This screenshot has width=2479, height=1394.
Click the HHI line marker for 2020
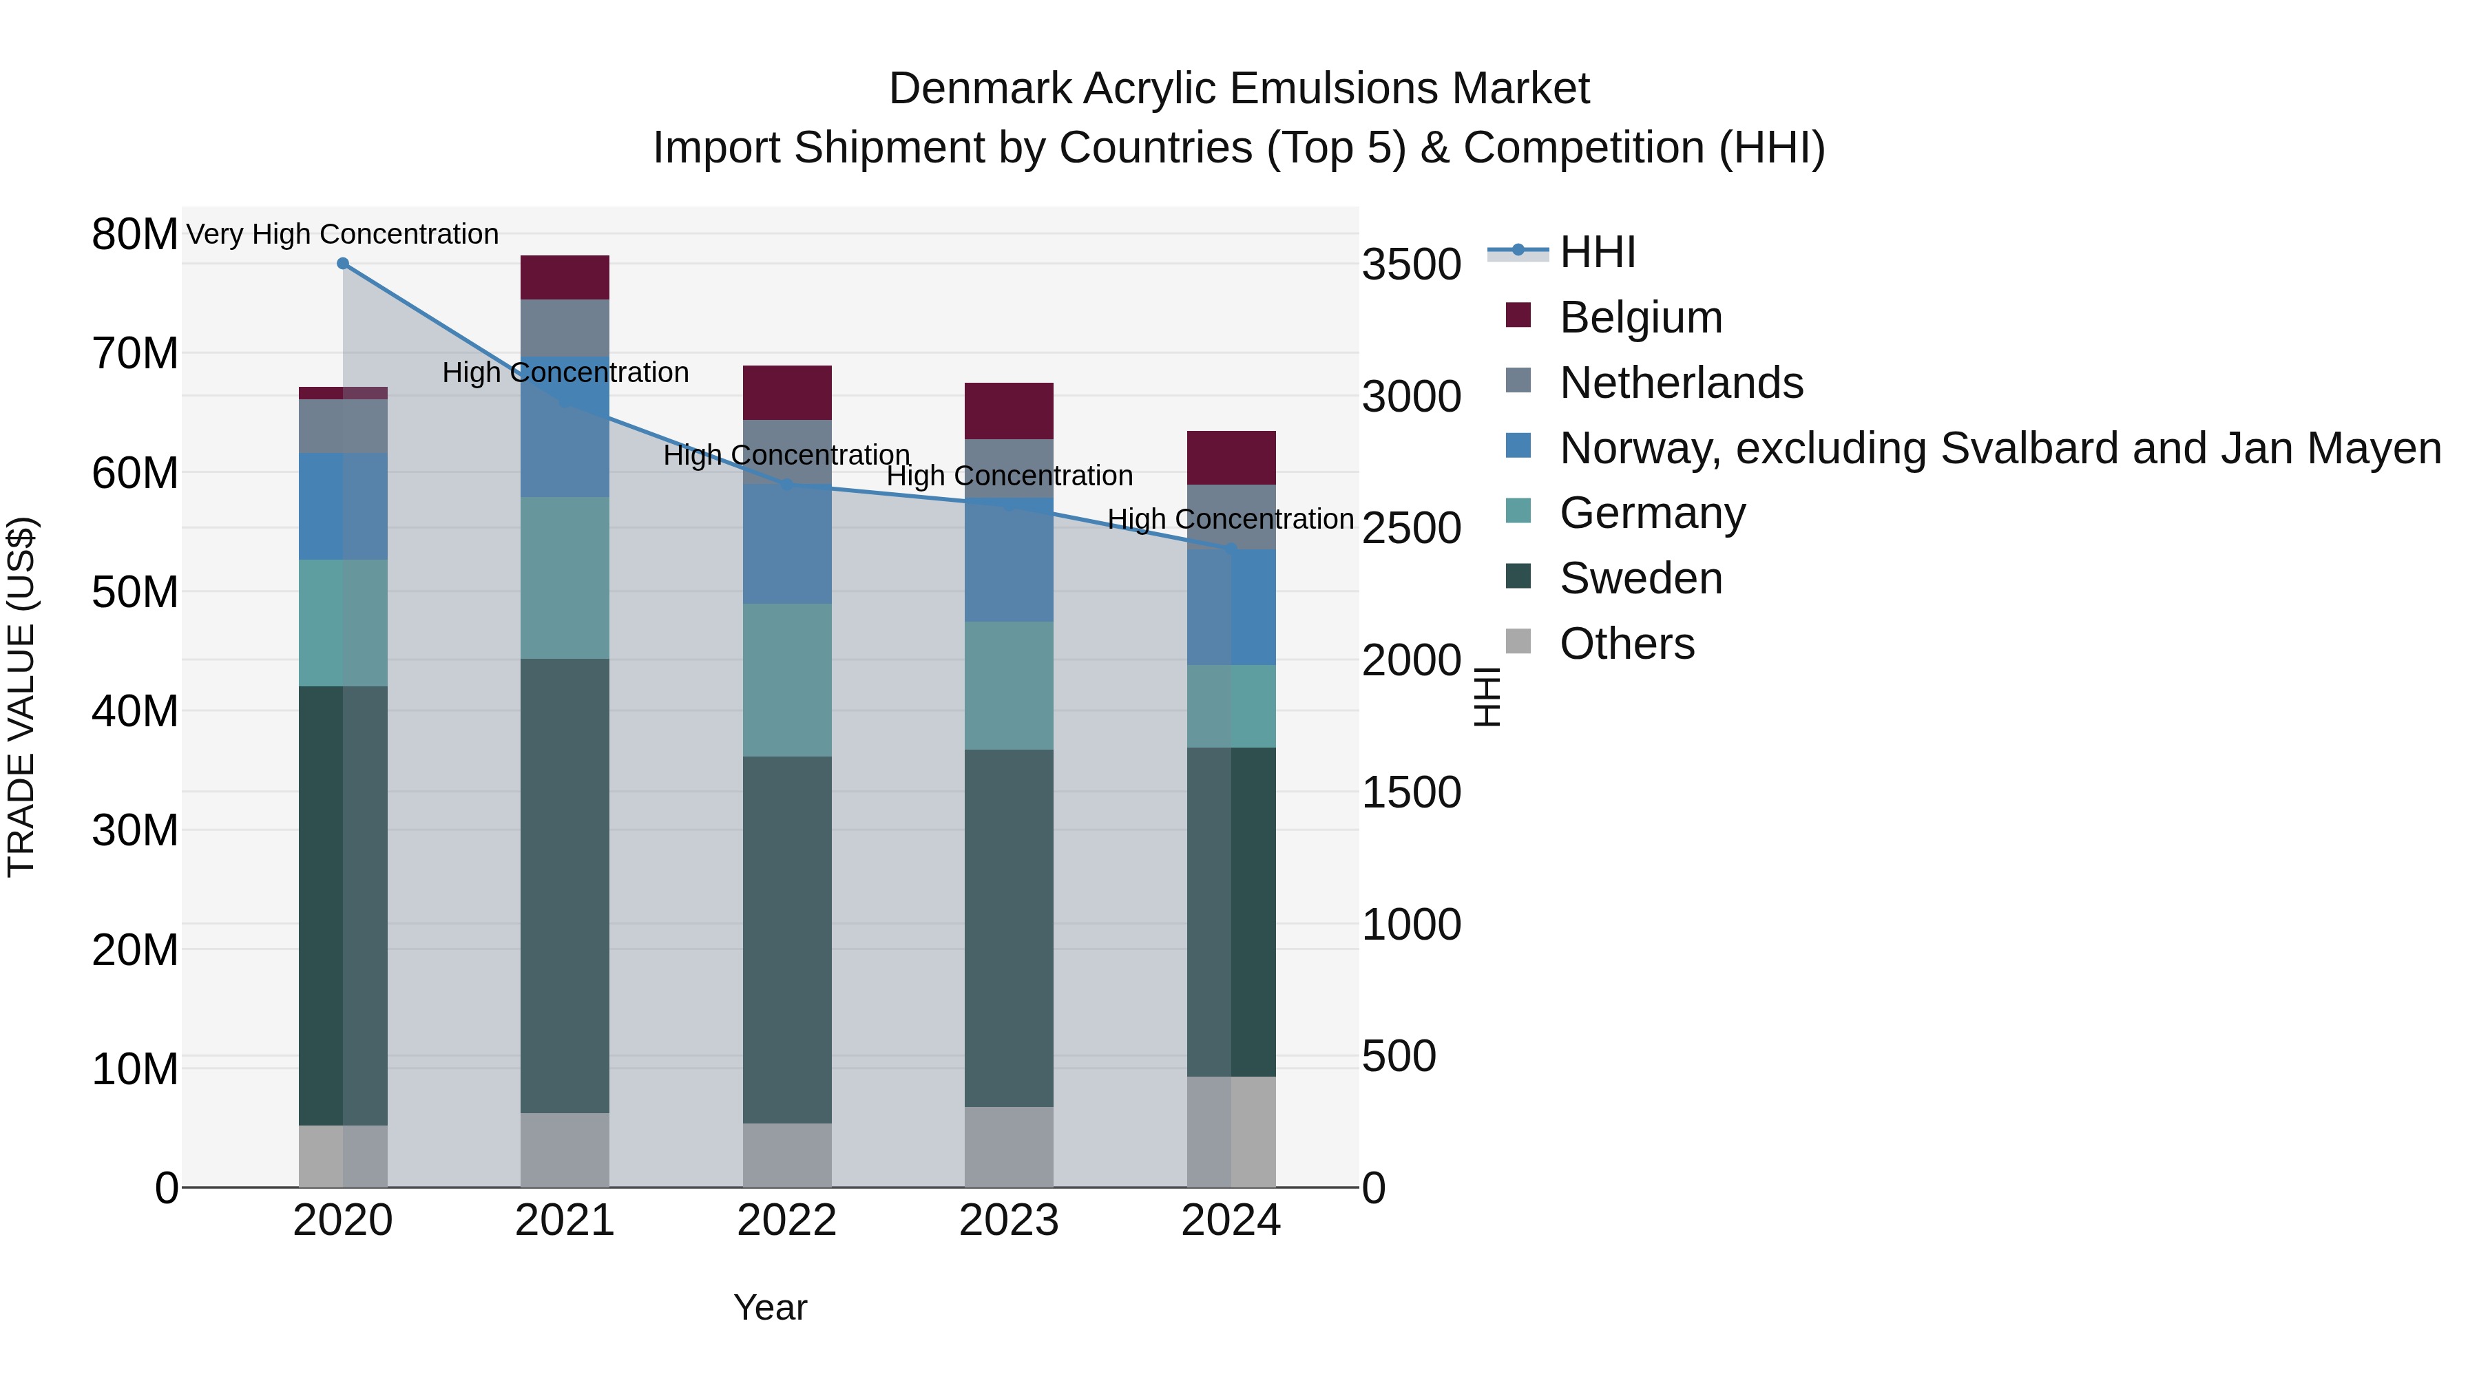[x=343, y=264]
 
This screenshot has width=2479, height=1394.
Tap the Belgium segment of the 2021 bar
[x=565, y=278]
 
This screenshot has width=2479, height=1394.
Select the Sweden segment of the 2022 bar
[x=787, y=939]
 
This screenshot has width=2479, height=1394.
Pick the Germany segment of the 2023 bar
[x=1009, y=685]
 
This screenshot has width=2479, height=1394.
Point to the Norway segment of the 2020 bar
[x=343, y=506]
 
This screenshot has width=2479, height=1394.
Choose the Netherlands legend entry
[x=1680, y=383]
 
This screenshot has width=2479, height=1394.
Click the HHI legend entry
[x=1598, y=252]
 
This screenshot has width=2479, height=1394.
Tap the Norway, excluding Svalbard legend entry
[x=2000, y=448]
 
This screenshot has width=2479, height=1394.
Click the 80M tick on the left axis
[x=135, y=234]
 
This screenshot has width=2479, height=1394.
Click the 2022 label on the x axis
[x=787, y=1221]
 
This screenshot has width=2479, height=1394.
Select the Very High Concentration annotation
[x=343, y=234]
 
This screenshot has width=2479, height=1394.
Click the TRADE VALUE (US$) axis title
[x=22, y=697]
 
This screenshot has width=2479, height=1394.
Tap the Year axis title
[x=770, y=1307]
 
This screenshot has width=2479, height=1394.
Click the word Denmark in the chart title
[x=980, y=89]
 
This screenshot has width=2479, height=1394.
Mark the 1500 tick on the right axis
[x=1411, y=793]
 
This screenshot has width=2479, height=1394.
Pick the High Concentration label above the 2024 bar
[x=1230, y=518]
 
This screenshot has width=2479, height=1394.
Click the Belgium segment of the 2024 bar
[x=1231, y=458]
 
